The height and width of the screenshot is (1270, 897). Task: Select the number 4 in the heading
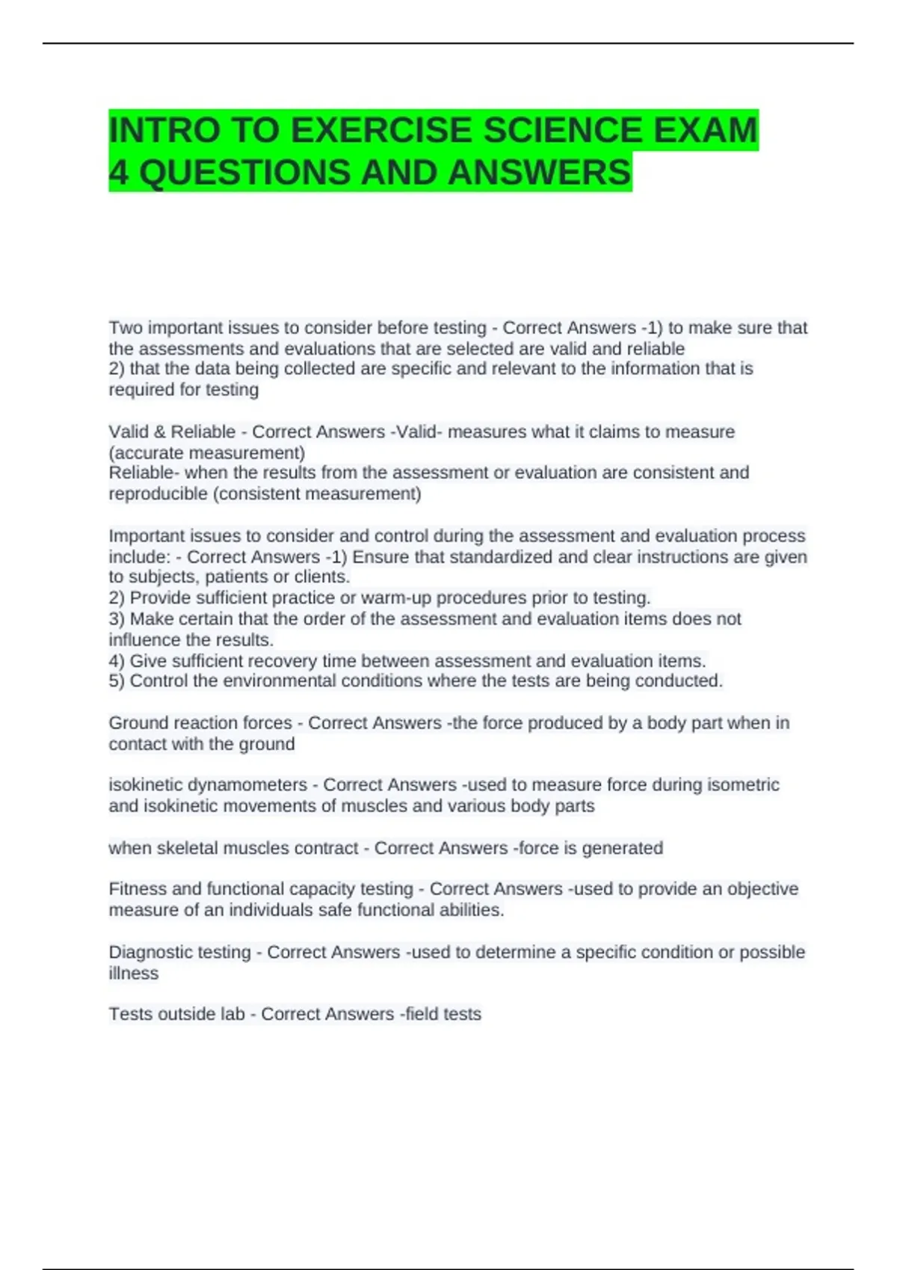click(x=118, y=173)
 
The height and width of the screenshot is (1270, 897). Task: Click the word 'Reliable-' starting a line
click(x=144, y=473)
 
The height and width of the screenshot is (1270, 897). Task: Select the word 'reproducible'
click(x=158, y=494)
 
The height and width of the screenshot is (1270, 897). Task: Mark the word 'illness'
click(x=133, y=973)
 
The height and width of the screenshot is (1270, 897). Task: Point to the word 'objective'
click(x=762, y=889)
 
